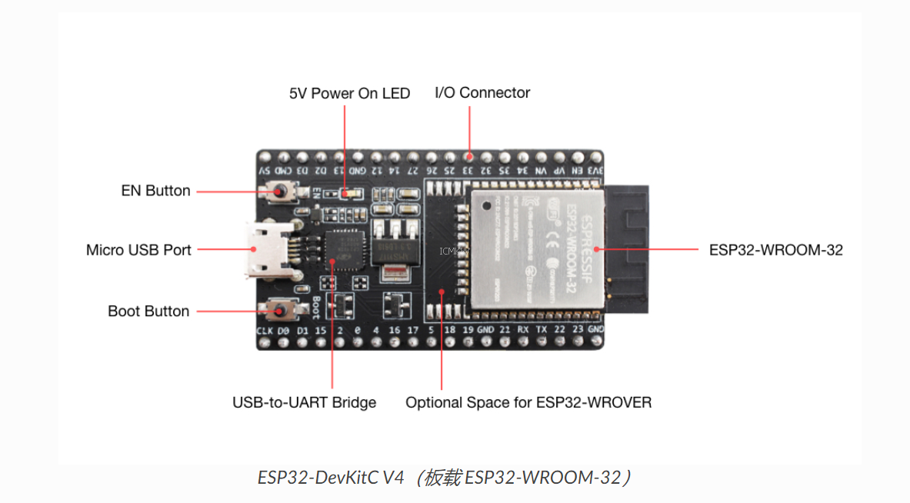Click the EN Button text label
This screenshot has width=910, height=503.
tap(155, 190)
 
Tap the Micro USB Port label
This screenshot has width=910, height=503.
tap(138, 250)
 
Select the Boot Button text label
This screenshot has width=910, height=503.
tap(148, 311)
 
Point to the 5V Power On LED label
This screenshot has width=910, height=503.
tap(349, 93)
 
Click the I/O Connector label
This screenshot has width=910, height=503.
tap(482, 92)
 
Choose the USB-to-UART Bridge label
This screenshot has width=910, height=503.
tap(304, 402)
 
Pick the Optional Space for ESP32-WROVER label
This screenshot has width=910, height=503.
tap(528, 402)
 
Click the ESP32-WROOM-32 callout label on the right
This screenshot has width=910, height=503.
tap(775, 250)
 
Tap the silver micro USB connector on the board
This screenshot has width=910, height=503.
tap(265, 250)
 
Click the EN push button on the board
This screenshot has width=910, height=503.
tap(280, 189)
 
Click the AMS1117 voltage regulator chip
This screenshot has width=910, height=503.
tap(395, 250)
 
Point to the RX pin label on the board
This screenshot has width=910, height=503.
tap(522, 330)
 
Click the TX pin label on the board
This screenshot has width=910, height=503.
tap(541, 330)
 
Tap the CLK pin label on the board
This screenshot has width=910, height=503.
tap(265, 331)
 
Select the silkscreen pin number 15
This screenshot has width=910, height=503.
tap(321, 330)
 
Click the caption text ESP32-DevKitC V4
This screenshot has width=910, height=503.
tap(331, 478)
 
